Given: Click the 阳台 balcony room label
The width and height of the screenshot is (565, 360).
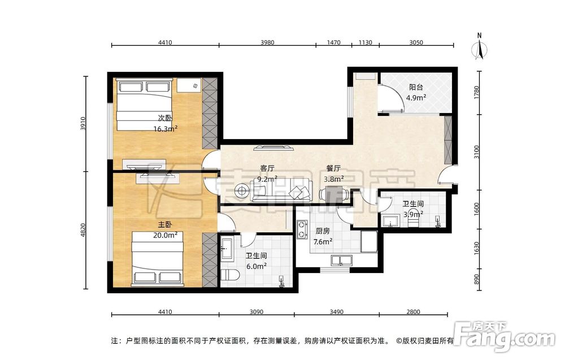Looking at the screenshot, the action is (x=416, y=87).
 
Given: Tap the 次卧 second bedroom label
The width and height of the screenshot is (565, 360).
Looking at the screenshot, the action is (x=165, y=118).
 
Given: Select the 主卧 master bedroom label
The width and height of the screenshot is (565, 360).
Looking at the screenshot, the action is (x=165, y=225).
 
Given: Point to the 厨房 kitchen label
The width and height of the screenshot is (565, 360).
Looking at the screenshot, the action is (x=323, y=231).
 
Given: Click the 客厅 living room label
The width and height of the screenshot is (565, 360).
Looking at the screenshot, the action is (x=267, y=168).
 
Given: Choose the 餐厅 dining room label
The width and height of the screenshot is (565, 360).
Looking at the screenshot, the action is (x=333, y=168).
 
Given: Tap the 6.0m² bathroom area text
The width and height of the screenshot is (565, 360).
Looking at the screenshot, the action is (x=256, y=266).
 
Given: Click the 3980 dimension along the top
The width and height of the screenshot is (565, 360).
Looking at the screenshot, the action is (x=267, y=42).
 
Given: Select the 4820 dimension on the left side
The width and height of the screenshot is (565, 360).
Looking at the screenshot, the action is (x=82, y=230).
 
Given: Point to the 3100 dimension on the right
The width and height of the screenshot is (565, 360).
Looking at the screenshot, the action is (x=477, y=151).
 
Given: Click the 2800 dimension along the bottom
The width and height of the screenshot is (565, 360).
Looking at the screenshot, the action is (x=413, y=312).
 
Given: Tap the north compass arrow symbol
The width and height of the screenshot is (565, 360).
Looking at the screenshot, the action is (x=479, y=48).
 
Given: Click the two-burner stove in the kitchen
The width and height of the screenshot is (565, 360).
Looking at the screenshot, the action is (x=301, y=229).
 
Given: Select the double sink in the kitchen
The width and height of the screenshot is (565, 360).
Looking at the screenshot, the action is (x=341, y=260).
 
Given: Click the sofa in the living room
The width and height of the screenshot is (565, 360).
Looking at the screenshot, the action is (x=282, y=189).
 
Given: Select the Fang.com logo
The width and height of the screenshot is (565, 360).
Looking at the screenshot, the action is (x=505, y=336).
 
